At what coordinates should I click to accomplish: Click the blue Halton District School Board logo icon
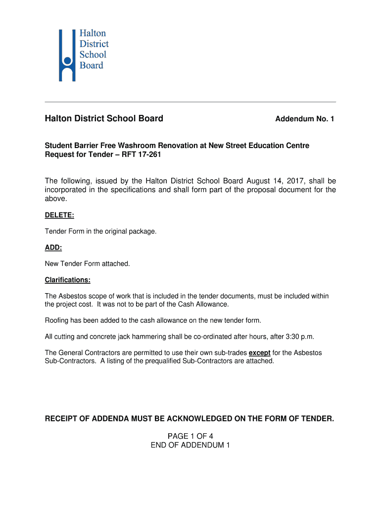coord(67,55)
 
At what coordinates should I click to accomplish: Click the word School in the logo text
coord(93,54)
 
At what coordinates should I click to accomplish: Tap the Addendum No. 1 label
coord(304,119)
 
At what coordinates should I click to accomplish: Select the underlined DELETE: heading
coord(59,215)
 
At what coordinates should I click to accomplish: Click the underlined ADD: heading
coord(53,248)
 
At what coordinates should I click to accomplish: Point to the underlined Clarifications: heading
coord(68,280)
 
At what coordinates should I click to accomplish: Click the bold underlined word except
coord(259,353)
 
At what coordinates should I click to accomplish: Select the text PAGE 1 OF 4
coord(190,436)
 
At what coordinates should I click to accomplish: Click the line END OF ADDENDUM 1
coord(190,445)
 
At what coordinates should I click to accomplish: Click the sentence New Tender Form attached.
coord(88,264)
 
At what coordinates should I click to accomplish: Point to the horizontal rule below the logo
coord(190,102)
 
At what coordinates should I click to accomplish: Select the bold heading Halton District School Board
coord(104,119)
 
